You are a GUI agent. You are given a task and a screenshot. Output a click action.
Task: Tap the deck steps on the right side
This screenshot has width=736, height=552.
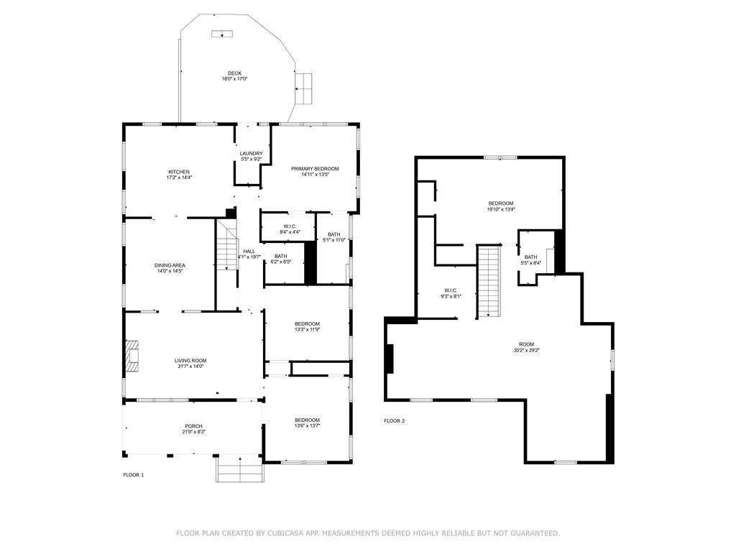[305, 87]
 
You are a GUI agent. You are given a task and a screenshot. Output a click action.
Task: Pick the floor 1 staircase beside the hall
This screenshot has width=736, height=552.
[227, 247]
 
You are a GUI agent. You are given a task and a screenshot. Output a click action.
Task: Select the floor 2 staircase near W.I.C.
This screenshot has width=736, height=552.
[489, 281]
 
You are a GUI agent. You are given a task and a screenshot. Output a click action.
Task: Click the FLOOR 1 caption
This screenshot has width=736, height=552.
[134, 475]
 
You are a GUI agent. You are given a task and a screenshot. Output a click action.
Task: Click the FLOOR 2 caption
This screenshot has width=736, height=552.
[394, 420]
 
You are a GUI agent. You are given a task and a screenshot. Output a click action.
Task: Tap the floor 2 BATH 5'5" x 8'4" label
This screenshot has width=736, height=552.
[530, 259]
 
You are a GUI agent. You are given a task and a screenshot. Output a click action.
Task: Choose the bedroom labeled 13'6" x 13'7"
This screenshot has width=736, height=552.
[307, 423]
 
